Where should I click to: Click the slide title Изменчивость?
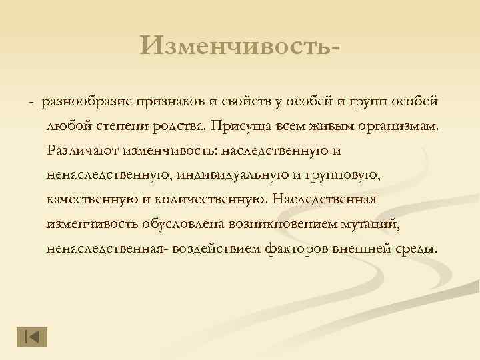click(x=245, y=46)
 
